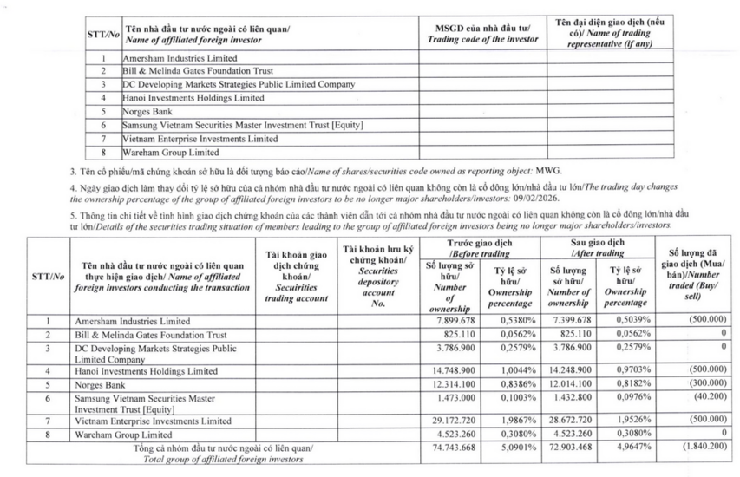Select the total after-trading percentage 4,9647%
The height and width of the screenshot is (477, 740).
[x=632, y=447]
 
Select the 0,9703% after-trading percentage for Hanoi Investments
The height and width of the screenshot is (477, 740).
[x=632, y=371]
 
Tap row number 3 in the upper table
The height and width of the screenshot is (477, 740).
[x=103, y=84]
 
